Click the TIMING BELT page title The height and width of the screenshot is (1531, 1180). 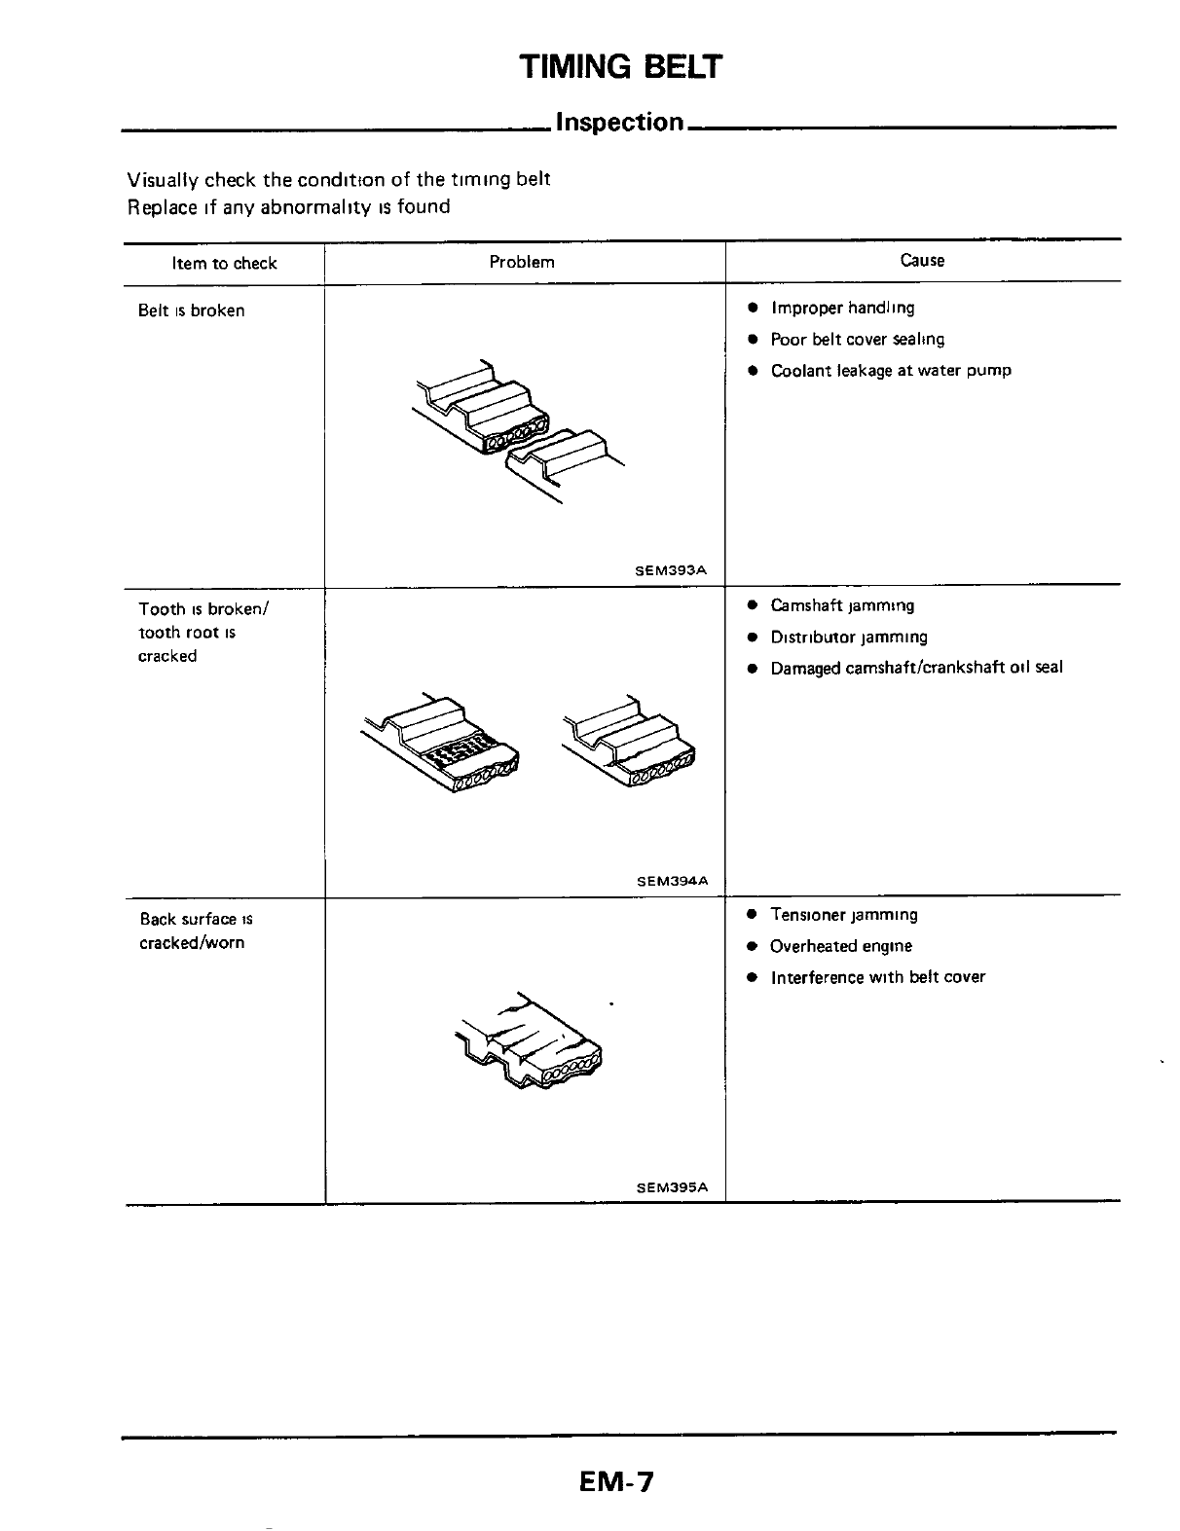tap(621, 67)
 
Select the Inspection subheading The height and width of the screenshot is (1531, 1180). tap(619, 123)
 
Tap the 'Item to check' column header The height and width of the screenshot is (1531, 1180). tap(224, 263)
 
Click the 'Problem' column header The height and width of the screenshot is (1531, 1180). tap(522, 262)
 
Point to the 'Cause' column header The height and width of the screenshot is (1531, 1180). tap(922, 260)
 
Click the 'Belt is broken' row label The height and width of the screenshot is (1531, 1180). tap(192, 310)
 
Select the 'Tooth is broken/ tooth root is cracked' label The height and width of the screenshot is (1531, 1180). tap(203, 633)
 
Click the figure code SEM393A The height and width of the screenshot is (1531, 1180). tap(670, 571)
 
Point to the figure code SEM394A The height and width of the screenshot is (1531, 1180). tap(672, 881)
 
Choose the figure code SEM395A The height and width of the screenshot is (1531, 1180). tap(672, 1187)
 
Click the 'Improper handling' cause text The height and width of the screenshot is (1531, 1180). tap(842, 309)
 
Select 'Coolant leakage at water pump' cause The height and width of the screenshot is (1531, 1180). tap(891, 370)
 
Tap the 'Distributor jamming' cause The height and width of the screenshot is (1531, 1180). tap(849, 637)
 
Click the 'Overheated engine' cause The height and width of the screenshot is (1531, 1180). tap(841, 946)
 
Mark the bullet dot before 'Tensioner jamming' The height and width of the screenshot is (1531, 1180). tap(753, 915)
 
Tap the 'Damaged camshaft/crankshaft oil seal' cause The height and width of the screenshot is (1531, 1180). tap(916, 668)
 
